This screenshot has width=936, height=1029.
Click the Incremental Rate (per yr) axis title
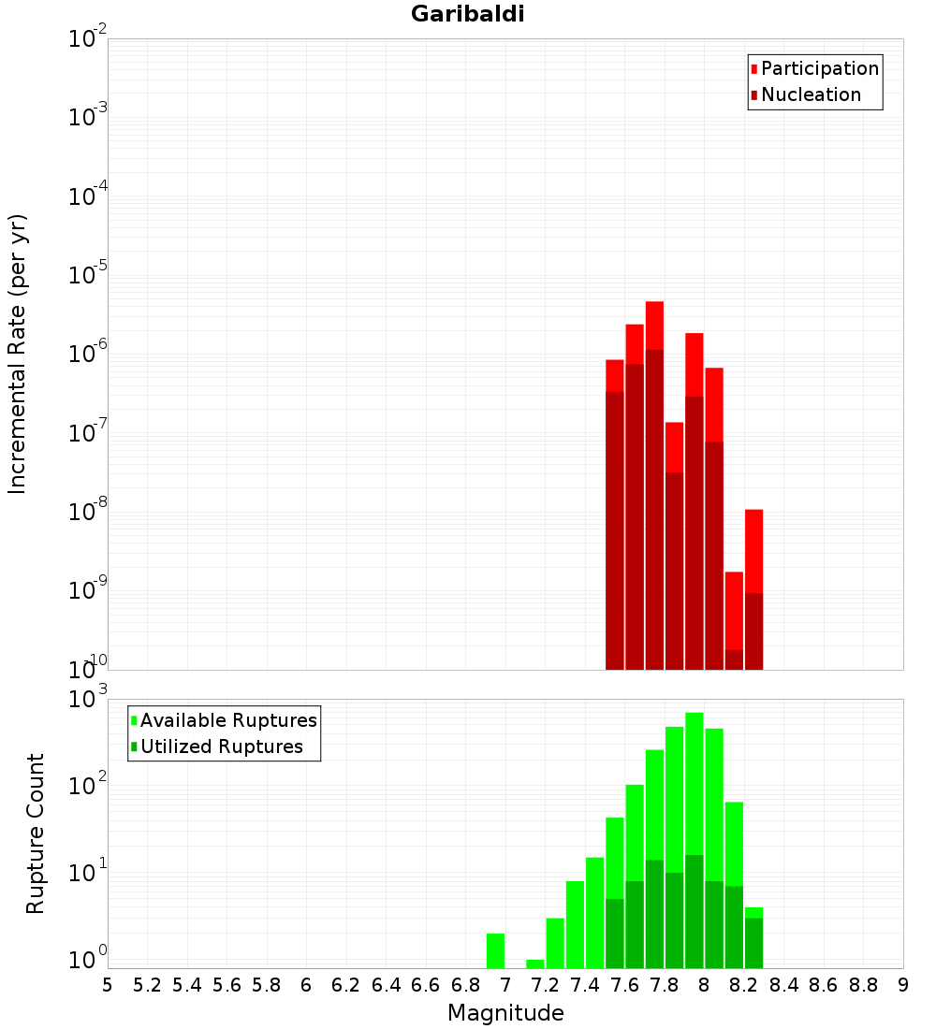(x=18, y=355)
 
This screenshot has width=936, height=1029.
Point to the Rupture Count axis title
(x=36, y=833)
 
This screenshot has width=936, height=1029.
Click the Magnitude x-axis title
(x=505, y=1013)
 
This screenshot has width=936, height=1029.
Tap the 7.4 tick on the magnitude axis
(x=585, y=985)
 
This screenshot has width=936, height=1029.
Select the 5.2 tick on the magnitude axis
(x=148, y=985)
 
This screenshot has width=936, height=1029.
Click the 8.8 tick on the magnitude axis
(x=863, y=985)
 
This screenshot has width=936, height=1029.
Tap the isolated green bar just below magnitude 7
(x=495, y=950)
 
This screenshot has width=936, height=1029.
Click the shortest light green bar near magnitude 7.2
(x=535, y=964)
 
